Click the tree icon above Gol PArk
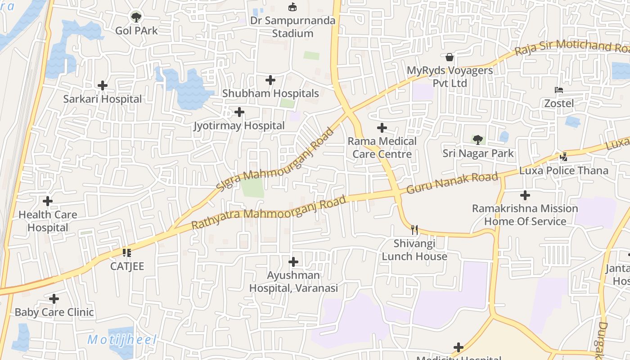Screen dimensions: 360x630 click(x=135, y=17)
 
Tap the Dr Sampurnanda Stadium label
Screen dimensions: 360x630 click(x=293, y=27)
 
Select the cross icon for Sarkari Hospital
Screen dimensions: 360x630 click(x=103, y=85)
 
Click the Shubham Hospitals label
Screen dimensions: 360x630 click(x=270, y=94)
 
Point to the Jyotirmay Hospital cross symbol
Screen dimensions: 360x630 click(x=239, y=112)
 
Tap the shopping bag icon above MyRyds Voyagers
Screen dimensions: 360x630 click(x=449, y=57)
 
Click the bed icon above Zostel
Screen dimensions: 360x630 click(x=559, y=90)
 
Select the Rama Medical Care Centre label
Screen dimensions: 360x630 click(x=382, y=148)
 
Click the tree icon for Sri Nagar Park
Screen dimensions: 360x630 click(x=478, y=140)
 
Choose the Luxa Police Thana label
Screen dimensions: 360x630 click(x=563, y=171)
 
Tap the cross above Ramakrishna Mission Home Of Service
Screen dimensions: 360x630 click(x=525, y=195)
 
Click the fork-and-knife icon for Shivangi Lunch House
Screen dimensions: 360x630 click(x=414, y=230)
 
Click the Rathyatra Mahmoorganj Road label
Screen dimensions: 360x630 click(x=269, y=211)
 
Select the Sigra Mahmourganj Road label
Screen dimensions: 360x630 click(x=275, y=158)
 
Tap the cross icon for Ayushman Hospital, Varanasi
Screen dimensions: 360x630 click(x=293, y=261)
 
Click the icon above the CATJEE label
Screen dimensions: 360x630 click(x=127, y=253)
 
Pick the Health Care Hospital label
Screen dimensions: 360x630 click(x=48, y=221)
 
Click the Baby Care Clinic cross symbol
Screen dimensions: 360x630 click(x=54, y=298)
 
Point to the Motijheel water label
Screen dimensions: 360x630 click(x=121, y=340)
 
